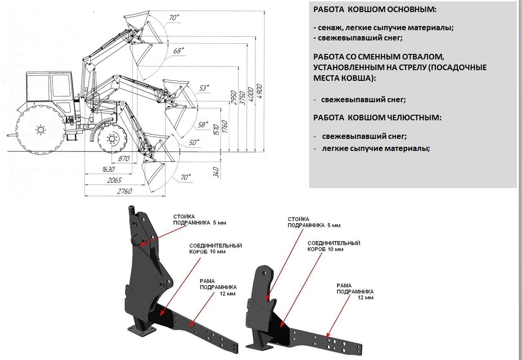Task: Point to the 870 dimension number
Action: click(x=123, y=159)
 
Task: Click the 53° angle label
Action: click(x=204, y=87)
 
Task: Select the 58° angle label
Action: click(x=202, y=124)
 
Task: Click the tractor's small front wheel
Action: click(x=112, y=138)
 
